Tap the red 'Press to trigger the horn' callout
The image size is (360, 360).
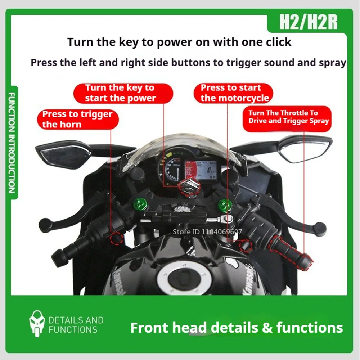(77, 120)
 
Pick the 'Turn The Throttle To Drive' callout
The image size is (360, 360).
(288, 117)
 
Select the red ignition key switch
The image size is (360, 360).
(189, 186)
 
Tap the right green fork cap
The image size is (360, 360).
(226, 205)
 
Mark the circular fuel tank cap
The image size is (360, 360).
(182, 279)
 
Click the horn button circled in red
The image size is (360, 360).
(117, 238)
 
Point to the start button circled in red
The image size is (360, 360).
(245, 246)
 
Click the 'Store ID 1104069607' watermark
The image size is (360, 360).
(207, 232)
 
